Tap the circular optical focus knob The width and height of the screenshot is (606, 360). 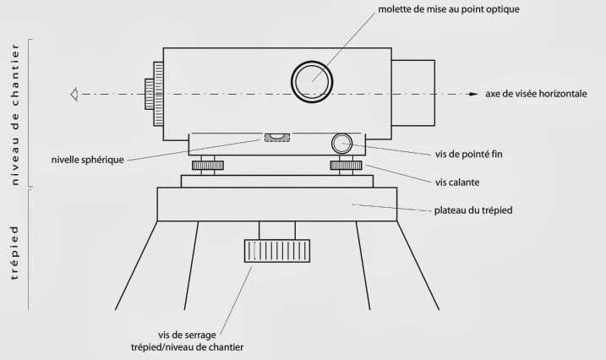coord(312,82)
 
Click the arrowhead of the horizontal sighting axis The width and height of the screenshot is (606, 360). coord(473,94)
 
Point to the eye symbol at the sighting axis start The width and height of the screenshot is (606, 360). coord(75,94)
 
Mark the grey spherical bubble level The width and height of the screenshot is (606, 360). coord(276,137)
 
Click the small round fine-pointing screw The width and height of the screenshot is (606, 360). coord(341,141)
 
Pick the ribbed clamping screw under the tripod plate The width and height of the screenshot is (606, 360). coord(276,251)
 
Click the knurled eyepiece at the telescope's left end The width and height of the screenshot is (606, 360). coord(154,94)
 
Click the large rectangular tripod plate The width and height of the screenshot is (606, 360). coord(276,205)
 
